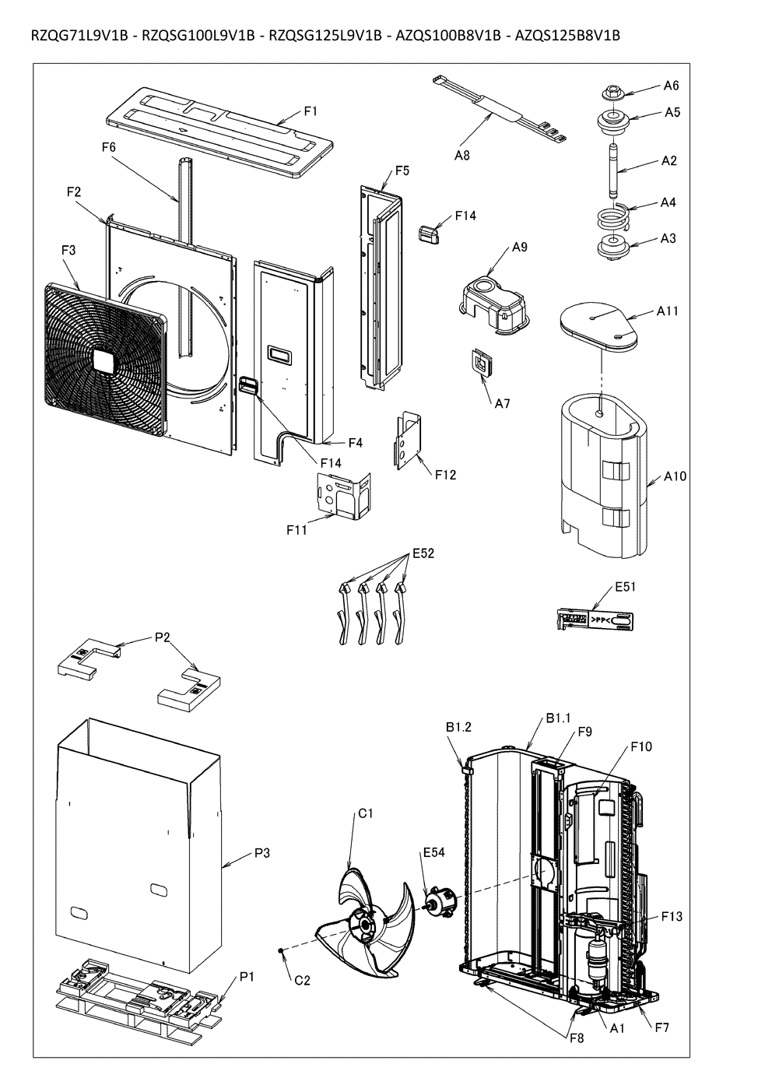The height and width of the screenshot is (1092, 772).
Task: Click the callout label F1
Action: coord(311,111)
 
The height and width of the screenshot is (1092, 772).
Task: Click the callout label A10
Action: coord(675,476)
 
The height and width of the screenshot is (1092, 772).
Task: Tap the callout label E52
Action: coord(423,554)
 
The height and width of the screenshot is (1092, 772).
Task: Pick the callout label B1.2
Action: coord(459,728)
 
